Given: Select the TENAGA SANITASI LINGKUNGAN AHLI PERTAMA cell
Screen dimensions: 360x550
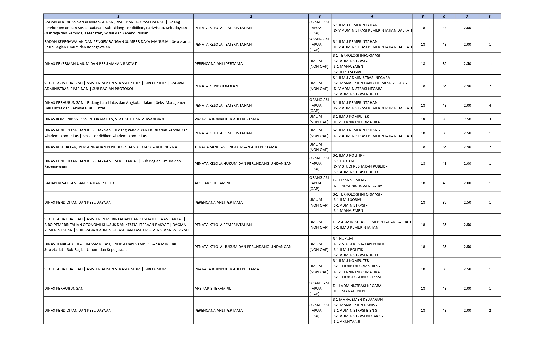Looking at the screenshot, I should [x=236, y=147].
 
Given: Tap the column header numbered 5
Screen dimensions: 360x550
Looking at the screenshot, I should [x=423, y=17].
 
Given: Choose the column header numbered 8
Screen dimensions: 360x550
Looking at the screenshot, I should [x=490, y=17].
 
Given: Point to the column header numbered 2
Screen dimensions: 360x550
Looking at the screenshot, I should [x=251, y=17].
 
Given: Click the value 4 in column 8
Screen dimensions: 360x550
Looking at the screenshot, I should [x=490, y=106].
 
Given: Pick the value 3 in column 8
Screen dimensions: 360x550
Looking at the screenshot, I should [x=490, y=119].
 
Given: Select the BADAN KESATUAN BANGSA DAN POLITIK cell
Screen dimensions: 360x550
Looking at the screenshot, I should [x=79, y=183].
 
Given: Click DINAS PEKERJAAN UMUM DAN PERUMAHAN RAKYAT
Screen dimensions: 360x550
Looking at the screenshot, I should [x=90, y=64].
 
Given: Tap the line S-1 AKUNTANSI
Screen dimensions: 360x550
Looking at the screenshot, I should [x=347, y=322].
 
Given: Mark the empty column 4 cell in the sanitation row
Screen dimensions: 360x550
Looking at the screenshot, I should [x=372, y=147].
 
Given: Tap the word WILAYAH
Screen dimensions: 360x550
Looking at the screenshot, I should [x=180, y=230].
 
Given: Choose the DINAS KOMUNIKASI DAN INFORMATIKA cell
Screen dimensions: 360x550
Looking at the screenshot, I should [x=104, y=119].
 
